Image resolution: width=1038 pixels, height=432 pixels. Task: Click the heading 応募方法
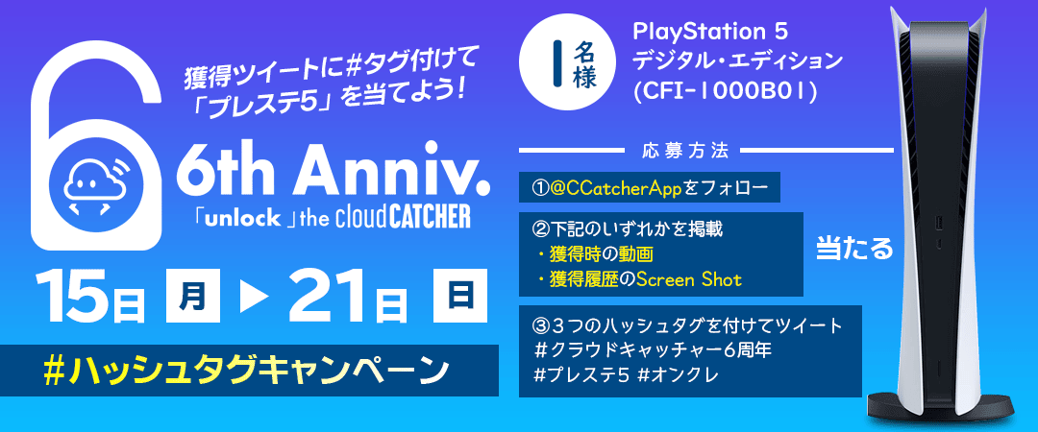tap(683, 151)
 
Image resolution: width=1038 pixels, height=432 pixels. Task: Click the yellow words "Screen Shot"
tap(689, 279)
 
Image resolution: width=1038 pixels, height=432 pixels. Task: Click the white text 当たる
tap(854, 248)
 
